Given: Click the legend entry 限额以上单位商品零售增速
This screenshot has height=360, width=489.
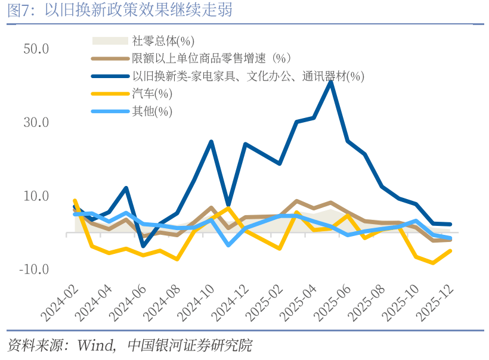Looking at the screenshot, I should [211, 58].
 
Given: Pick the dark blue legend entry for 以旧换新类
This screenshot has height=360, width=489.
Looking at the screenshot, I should [247, 76].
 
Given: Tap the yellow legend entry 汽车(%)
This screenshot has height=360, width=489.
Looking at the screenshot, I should [152, 94].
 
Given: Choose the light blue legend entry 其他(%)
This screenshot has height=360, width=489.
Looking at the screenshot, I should [152, 111].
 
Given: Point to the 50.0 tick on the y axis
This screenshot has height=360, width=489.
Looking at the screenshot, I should [36, 49].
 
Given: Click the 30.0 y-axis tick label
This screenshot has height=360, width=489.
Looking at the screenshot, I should [36, 123].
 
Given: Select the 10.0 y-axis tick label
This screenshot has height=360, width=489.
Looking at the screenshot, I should [36, 196].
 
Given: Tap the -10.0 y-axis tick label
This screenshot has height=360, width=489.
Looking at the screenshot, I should [34, 269].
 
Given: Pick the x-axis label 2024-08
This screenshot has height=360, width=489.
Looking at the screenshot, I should [163, 301].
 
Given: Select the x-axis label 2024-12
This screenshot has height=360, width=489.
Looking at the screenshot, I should [232, 301].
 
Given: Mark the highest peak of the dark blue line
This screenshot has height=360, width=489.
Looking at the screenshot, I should [331, 82].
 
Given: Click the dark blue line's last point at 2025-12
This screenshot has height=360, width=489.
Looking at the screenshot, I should [450, 225].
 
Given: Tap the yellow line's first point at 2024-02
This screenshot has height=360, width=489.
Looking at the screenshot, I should [75, 201].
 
